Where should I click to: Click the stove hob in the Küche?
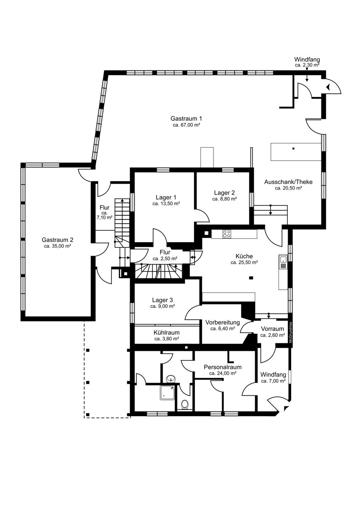click(x=227, y=234)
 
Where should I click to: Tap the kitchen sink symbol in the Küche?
click(x=283, y=262)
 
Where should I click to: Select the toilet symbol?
click(x=185, y=404)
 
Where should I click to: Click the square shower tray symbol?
click(x=168, y=393)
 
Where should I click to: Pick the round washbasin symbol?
click(x=171, y=378)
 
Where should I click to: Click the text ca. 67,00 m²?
click(x=186, y=125)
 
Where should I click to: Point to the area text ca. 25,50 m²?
click(x=244, y=263)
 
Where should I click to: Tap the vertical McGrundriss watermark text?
click(x=290, y=333)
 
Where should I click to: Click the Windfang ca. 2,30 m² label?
click(x=307, y=62)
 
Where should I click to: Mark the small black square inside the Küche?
click(x=251, y=277)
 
